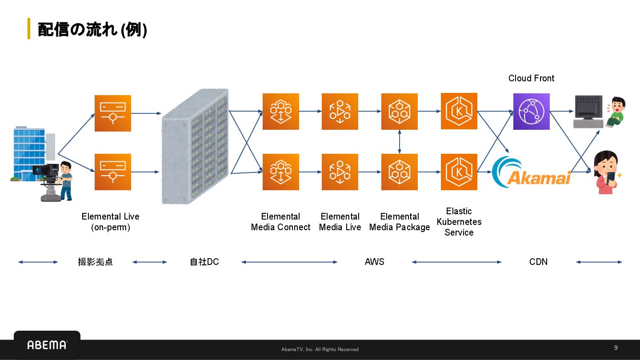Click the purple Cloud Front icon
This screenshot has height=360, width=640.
click(531, 112)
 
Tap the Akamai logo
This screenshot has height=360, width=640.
click(532, 172)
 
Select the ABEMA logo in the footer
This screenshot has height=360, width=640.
click(47, 345)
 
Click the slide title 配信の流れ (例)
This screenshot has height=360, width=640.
click(92, 29)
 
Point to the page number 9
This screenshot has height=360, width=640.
click(616, 348)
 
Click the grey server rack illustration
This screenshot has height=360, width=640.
click(196, 146)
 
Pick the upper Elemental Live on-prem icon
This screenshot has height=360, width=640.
click(113, 113)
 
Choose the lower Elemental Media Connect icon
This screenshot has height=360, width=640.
click(281, 172)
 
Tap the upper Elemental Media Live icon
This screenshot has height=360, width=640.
click(340, 112)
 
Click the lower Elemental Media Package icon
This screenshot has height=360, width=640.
click(400, 172)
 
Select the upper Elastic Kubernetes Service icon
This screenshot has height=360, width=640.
click(459, 111)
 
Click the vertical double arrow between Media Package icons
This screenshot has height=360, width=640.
click(400, 142)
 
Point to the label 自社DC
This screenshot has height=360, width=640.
click(204, 262)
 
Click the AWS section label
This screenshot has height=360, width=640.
click(374, 262)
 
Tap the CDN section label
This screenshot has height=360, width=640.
click(538, 262)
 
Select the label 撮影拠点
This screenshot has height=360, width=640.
click(95, 262)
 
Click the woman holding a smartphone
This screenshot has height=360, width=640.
click(607, 172)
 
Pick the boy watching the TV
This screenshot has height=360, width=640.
click(616, 112)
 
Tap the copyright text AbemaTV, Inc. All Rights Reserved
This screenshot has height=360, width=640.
click(320, 349)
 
